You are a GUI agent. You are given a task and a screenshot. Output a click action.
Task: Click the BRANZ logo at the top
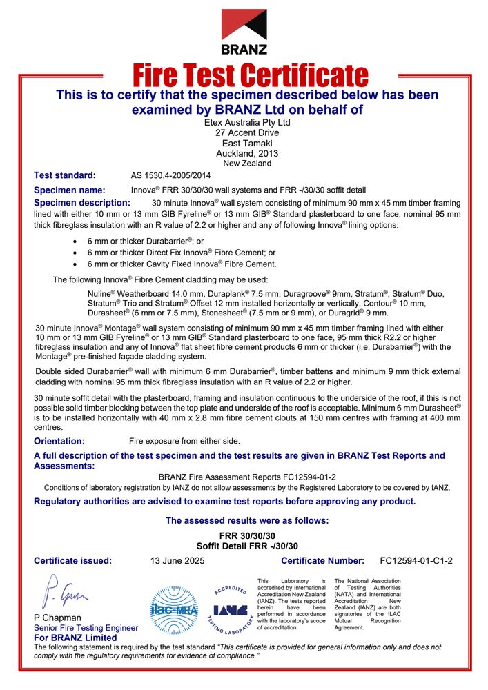click(x=244, y=31)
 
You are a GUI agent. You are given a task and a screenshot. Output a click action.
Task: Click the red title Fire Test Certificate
click(x=249, y=75)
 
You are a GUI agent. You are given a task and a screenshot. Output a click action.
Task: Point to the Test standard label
click(x=65, y=175)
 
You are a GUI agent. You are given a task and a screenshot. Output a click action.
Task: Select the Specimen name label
click(x=70, y=190)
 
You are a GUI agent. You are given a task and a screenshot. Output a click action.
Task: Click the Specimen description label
click(x=81, y=203)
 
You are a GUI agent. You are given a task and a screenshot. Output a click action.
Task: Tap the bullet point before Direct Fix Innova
click(x=75, y=253)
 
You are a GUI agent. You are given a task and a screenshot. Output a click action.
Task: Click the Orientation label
click(x=59, y=441)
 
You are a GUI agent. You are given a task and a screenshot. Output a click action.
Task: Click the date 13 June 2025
click(x=177, y=561)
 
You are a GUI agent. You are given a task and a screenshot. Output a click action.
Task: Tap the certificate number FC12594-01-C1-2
click(x=416, y=561)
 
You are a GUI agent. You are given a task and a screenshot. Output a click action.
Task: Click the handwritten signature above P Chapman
click(x=66, y=591)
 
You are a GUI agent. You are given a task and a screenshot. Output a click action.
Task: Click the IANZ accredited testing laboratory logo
click(x=230, y=609)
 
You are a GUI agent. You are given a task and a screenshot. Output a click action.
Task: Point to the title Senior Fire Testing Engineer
click(x=86, y=628)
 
